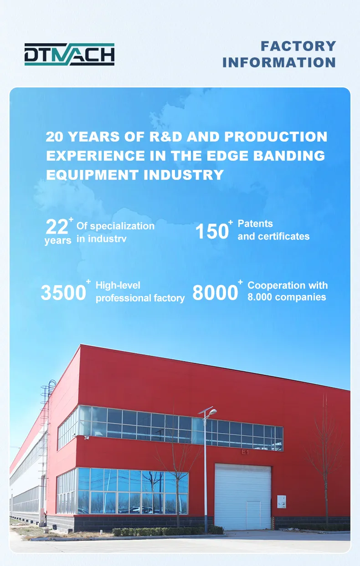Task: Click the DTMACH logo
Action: [x=69, y=54]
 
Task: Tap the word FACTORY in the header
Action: [x=298, y=46]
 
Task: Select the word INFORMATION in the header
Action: [x=279, y=62]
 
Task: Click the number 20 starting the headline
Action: [x=56, y=137]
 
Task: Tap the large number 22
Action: [x=57, y=226]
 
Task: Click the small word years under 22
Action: [x=58, y=240]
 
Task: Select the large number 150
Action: [x=211, y=231]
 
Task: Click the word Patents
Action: [x=255, y=224]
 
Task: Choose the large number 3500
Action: [x=63, y=293]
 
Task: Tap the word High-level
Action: [x=118, y=286]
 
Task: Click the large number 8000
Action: [x=215, y=293]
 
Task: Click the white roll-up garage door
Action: [x=242, y=496]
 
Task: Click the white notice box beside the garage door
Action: [x=281, y=501]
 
